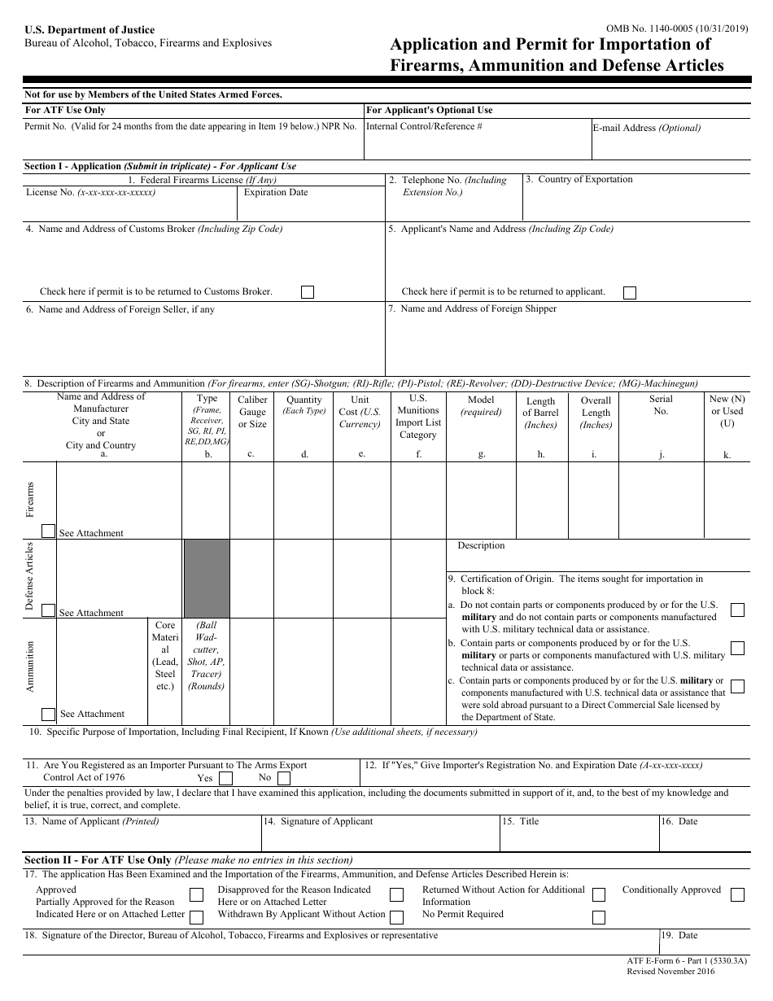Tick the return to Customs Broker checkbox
pyautogui.click(x=308, y=292)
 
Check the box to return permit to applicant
pyautogui.click(x=630, y=292)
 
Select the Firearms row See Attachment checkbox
pyautogui.click(x=49, y=531)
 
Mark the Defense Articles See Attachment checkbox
pyautogui.click(x=49, y=611)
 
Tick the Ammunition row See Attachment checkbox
pyautogui.click(x=49, y=714)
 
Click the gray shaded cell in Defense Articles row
pyautogui.click(x=207, y=579)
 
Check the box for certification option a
pyautogui.click(x=737, y=610)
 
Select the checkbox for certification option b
pyautogui.click(x=737, y=649)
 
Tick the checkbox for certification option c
pyautogui.click(x=737, y=686)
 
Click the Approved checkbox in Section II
pyautogui.click(x=196, y=895)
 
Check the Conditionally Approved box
pyautogui.click(x=737, y=895)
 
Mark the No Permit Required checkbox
pyautogui.click(x=599, y=917)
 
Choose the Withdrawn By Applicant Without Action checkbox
pyautogui.click(x=396, y=917)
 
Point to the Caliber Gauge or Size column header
pyautogui.click(x=252, y=412)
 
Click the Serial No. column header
pyautogui.click(x=661, y=405)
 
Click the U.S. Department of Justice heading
pyautogui.click(x=90, y=30)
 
